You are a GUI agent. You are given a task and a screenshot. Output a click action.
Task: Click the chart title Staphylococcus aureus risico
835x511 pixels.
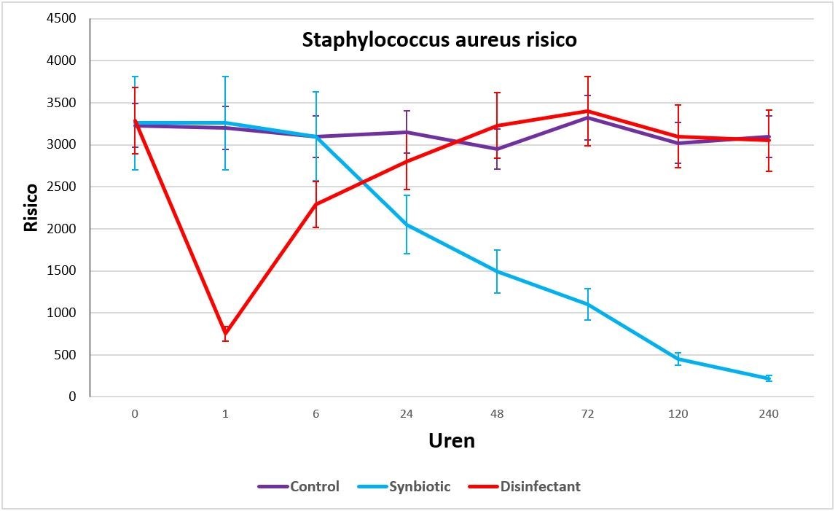point(439,40)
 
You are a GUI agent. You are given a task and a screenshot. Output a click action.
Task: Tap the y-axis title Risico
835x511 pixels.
point(31,207)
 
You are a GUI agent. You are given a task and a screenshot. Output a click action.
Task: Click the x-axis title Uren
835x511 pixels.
point(451,441)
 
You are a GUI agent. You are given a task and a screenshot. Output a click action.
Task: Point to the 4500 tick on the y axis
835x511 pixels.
point(61,19)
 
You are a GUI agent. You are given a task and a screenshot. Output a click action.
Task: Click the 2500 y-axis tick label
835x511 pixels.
point(61,187)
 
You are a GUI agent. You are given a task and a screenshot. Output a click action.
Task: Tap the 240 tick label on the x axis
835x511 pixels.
point(769,414)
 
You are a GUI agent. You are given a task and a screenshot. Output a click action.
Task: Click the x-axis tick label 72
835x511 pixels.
point(587,414)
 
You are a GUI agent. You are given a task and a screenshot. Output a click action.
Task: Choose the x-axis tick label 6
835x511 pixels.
point(315,414)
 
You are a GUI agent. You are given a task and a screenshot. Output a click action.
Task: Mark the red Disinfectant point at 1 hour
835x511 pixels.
point(225,335)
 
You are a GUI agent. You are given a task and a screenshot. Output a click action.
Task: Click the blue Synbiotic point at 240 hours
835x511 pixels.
point(769,378)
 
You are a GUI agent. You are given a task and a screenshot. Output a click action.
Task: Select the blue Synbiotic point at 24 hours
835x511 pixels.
point(407,225)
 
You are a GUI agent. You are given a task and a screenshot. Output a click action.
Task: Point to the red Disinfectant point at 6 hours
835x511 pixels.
point(315,204)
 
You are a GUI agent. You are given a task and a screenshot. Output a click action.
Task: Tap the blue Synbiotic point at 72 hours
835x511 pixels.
point(587,304)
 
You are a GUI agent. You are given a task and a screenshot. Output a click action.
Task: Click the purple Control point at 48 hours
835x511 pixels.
point(497,149)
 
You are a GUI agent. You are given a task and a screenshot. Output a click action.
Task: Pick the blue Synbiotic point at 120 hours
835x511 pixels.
point(678,359)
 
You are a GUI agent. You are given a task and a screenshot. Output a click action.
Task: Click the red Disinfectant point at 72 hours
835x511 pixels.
point(587,111)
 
